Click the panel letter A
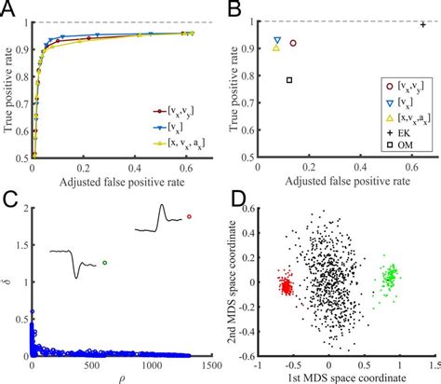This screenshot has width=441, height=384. coord(8,8)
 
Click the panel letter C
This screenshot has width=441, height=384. coord(8,198)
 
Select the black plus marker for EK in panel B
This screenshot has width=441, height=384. coord(422,25)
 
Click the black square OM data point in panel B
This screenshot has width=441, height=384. coord(289,80)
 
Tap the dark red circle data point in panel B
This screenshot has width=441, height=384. coord(293,43)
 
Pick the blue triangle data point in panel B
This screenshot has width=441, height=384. coord(277,41)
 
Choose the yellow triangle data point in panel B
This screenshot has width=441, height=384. coord(275,48)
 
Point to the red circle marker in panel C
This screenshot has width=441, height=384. coord(189,217)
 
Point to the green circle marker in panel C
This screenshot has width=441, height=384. coord(105,264)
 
